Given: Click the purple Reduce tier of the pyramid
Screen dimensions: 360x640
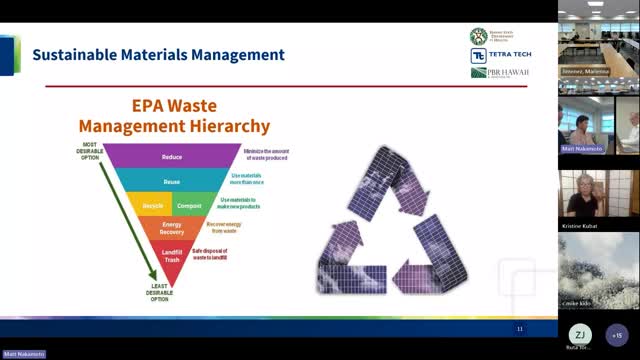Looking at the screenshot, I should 172,157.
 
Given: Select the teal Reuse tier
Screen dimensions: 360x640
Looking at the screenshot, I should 172,181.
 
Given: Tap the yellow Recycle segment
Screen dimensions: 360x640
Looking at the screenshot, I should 153,205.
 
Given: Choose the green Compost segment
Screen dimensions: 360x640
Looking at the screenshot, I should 188,205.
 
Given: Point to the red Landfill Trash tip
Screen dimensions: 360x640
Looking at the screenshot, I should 171,254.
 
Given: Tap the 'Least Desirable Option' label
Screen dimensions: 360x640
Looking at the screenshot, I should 153,292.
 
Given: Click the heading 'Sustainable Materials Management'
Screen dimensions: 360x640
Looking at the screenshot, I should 158,55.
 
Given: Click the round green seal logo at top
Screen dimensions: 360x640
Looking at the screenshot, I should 479,36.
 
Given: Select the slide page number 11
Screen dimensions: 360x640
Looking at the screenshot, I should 519,328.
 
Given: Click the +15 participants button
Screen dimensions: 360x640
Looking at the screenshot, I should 617,335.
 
